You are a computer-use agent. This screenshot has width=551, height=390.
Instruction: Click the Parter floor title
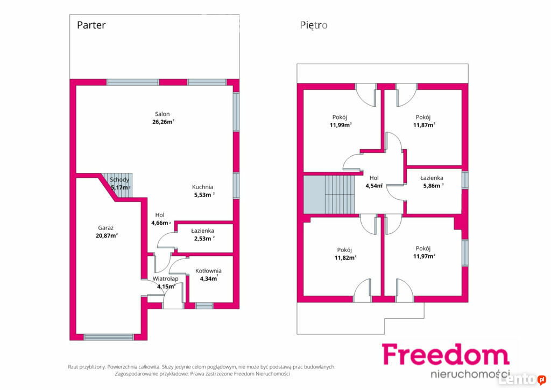(x=91, y=25)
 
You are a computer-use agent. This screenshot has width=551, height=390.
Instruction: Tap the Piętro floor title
(x=314, y=25)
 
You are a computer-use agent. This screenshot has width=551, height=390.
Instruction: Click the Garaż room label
(x=106, y=228)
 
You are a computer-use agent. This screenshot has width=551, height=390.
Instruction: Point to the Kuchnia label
(x=202, y=187)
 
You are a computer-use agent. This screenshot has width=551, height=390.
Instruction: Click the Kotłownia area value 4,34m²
(x=209, y=278)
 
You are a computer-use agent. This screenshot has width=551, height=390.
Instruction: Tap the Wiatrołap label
(x=165, y=278)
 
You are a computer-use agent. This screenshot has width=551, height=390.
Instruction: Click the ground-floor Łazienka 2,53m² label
(x=203, y=234)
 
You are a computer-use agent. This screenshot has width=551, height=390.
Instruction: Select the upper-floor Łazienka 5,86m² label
(x=432, y=182)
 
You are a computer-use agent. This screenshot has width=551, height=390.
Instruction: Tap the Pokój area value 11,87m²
(x=424, y=125)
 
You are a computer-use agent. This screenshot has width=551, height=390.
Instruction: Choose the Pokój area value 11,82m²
(x=345, y=258)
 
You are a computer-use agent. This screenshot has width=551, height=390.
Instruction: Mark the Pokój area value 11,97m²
(x=424, y=256)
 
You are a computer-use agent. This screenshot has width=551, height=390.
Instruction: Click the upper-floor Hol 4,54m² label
(x=374, y=182)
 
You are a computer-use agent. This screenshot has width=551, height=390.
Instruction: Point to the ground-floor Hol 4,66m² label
(x=160, y=219)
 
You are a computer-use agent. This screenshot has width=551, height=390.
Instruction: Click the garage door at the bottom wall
(x=109, y=337)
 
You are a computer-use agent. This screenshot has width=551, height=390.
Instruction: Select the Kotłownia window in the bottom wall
(x=204, y=305)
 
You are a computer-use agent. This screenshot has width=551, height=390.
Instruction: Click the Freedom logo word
(x=445, y=354)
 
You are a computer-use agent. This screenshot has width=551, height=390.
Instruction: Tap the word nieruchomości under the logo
(x=470, y=373)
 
